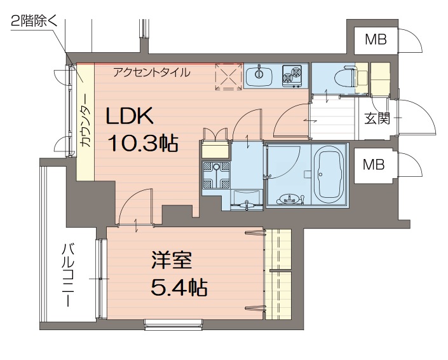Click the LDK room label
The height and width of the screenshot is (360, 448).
click(x=129, y=116)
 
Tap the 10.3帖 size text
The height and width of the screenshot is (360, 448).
click(x=142, y=143)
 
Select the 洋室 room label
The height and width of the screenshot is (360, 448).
click(x=171, y=261)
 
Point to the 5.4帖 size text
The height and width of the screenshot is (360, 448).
click(x=179, y=288)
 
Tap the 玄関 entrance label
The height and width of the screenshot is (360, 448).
click(x=377, y=118)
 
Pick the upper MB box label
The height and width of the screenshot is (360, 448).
click(x=376, y=41)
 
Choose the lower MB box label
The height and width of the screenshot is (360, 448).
click(x=374, y=165)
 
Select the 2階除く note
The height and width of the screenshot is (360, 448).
click(x=34, y=22)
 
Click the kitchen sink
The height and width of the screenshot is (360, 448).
click(x=259, y=75)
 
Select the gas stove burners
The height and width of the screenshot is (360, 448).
click(x=293, y=76)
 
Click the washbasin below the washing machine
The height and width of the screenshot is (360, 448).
click(x=247, y=198)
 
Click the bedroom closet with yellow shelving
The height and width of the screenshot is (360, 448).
click(x=278, y=273)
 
